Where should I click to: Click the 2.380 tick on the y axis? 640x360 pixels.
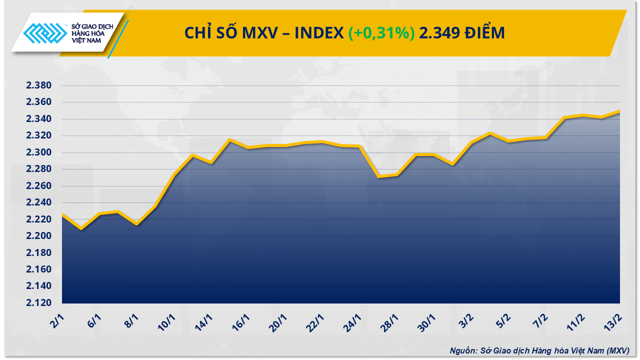coord(39,85)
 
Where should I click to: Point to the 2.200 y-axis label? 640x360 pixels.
coord(39,236)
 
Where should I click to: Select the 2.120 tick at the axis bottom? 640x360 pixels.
coord(39,303)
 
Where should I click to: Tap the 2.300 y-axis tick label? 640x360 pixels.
coord(39,152)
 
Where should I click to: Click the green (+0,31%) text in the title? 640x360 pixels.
coord(381,33)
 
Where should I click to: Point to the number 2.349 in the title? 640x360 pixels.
coord(439,33)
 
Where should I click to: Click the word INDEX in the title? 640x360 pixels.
coord(319,33)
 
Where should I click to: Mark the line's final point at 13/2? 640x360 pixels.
coord(620,111)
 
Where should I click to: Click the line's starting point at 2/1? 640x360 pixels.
coord(62,214)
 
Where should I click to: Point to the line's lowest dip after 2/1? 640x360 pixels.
coord(81,229)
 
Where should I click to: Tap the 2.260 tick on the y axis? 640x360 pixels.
coord(39,186)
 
